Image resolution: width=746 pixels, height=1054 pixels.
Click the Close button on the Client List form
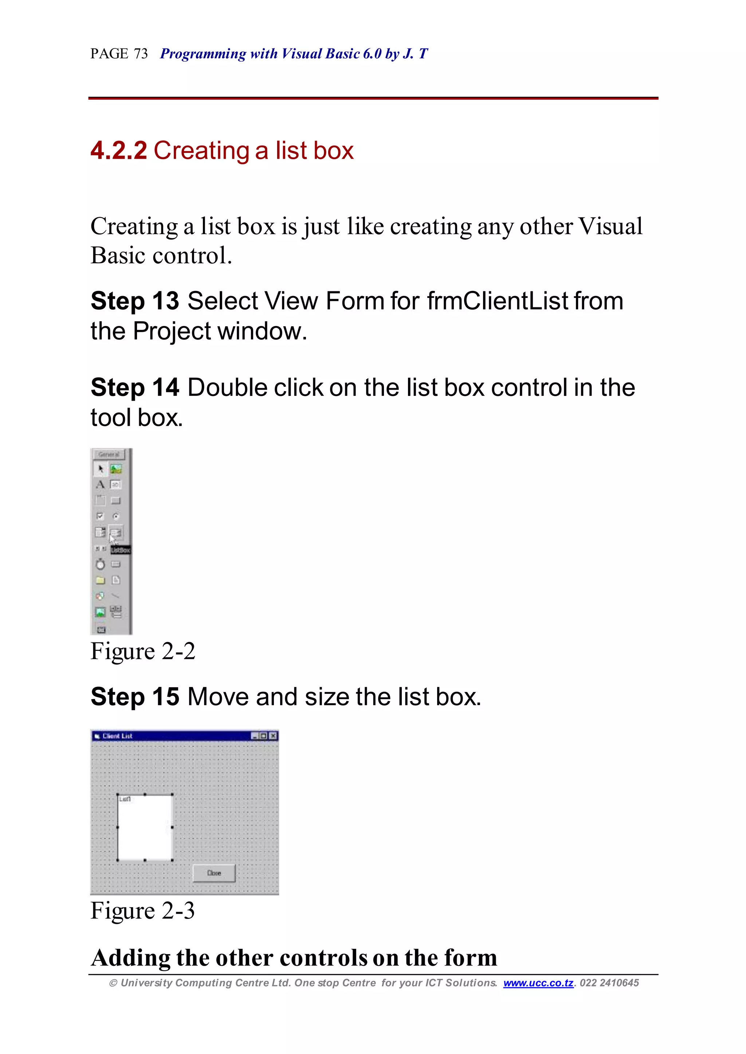click(x=214, y=873)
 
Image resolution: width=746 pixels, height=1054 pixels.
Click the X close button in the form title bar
click(x=273, y=736)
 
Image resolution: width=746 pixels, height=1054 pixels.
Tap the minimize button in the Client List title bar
click(x=255, y=736)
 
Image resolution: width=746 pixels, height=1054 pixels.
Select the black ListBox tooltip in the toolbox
click(x=121, y=550)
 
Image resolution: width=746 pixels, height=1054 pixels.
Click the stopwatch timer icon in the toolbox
click(x=100, y=564)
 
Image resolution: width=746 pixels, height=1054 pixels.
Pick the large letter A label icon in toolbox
click(x=100, y=484)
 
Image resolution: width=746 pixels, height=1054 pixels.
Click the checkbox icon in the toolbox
click(x=100, y=516)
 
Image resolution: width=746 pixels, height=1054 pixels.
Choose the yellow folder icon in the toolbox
click(x=100, y=580)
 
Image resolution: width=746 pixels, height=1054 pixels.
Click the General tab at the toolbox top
click(x=109, y=454)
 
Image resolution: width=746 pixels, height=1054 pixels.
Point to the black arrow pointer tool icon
click(x=101, y=469)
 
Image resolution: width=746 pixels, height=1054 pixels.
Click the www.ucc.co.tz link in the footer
click(x=538, y=983)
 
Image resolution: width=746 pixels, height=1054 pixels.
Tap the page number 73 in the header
click(x=141, y=54)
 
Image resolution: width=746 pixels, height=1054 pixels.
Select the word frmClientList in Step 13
click(x=498, y=301)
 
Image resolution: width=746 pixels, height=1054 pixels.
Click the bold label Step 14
click(x=134, y=388)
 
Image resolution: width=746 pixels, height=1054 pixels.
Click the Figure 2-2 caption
click(x=142, y=651)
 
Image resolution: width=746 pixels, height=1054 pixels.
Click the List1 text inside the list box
click(x=125, y=799)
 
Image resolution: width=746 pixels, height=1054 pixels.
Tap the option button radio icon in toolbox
click(x=116, y=516)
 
